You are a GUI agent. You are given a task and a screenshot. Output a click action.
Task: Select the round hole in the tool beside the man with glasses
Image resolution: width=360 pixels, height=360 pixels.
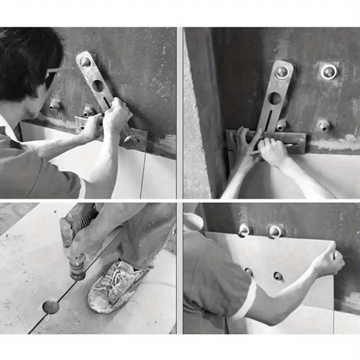tap(98, 85)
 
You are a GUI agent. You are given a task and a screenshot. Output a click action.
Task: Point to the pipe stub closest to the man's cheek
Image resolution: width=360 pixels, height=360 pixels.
tap(55, 104)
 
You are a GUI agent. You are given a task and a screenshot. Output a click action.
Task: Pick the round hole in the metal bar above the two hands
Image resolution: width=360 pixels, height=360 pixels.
tap(274, 98)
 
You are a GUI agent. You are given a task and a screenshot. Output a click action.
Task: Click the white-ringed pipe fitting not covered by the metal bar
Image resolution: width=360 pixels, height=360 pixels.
tap(329, 72)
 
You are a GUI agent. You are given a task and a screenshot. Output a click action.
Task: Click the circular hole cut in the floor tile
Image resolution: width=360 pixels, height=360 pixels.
tap(50, 306)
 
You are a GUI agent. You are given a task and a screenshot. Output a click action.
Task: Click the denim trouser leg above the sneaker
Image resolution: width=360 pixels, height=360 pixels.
tap(139, 238)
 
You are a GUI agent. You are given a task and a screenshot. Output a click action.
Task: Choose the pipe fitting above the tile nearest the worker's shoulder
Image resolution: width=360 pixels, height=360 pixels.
tap(243, 230)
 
